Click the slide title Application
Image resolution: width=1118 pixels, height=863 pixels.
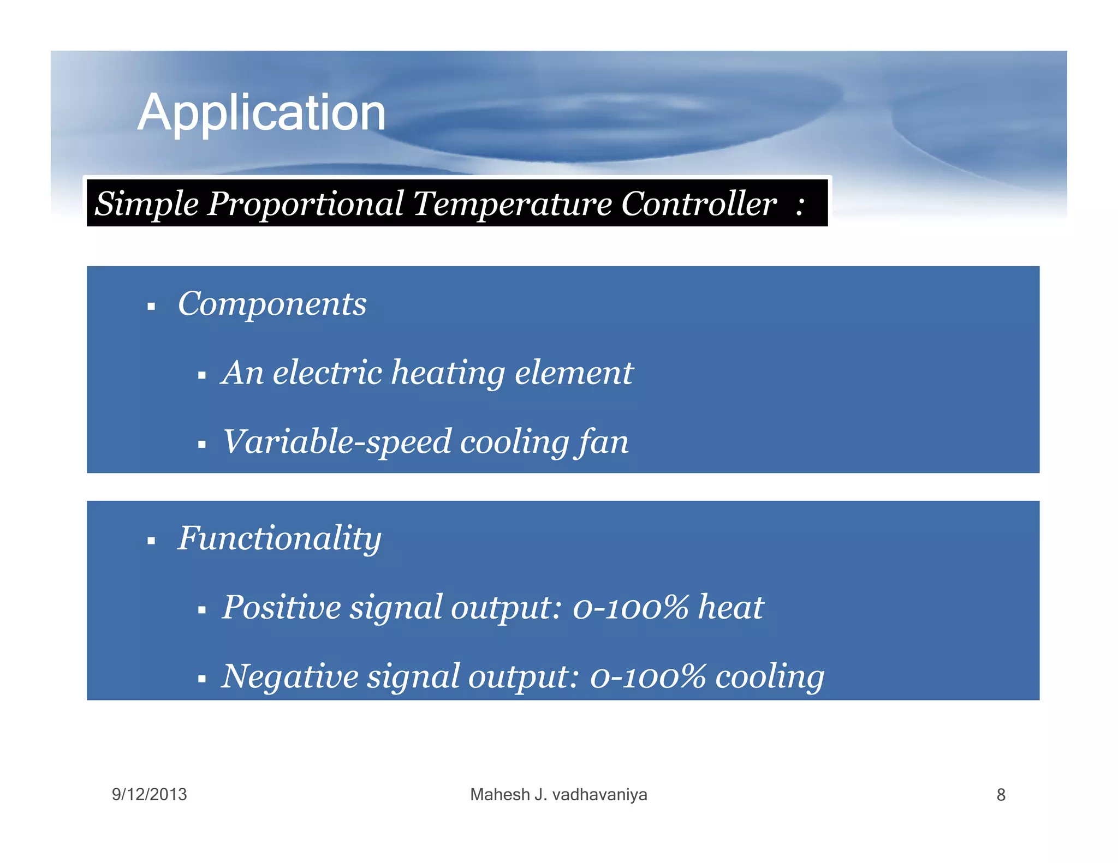261,113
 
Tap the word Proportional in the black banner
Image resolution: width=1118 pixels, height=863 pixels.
306,204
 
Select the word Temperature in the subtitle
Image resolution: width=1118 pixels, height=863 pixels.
512,204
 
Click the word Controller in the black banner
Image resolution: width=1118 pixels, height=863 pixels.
698,204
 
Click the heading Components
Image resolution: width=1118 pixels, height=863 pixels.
272,304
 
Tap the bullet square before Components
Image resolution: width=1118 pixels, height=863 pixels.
151,307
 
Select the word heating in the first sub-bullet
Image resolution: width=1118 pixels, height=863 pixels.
448,374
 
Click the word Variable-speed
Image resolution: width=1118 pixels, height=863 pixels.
337,442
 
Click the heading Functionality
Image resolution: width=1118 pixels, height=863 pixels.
279,539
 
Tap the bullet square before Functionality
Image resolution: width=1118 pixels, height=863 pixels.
151,542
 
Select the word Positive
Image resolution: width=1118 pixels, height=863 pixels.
281,607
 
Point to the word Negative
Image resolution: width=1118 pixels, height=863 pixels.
289,676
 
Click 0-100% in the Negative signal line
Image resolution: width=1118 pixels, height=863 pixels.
647,676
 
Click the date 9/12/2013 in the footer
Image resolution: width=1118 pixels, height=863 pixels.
149,794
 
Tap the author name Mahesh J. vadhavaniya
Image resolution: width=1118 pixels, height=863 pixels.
558,794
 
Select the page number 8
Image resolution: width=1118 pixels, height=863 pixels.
1001,795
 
